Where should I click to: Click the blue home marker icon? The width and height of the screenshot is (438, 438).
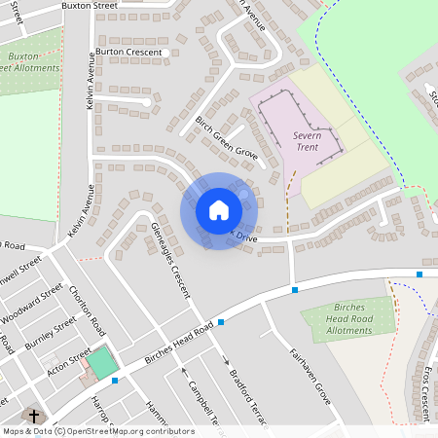click(x=219, y=210)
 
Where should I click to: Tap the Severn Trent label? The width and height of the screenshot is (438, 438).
click(x=312, y=145)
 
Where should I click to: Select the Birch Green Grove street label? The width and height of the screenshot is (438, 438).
click(x=226, y=137)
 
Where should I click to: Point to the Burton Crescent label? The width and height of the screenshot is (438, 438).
click(x=128, y=52)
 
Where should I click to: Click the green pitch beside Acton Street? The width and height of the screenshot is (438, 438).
click(x=100, y=365)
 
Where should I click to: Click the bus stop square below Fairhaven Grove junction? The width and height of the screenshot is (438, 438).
click(x=294, y=289)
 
